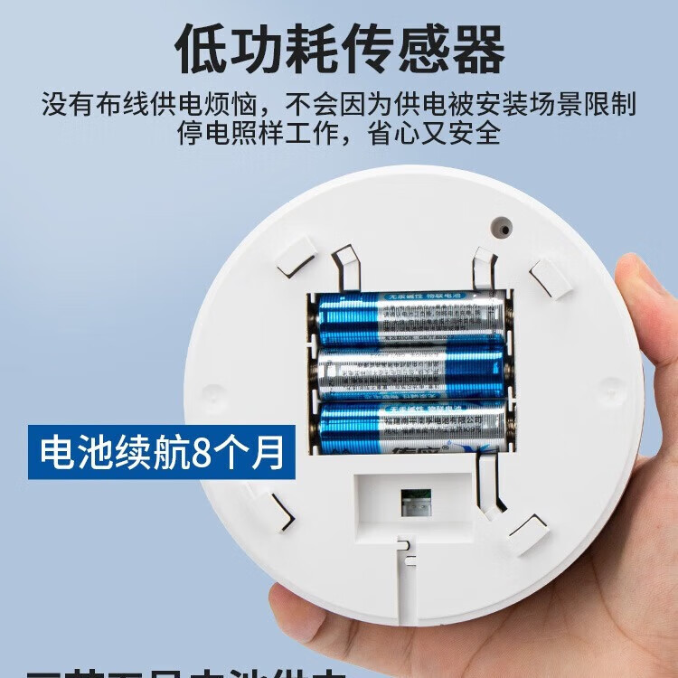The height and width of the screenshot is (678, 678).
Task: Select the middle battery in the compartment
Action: pos(412,372)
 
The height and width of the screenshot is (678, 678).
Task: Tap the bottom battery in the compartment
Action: pos(412,425)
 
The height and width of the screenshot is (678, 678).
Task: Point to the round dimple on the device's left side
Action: pos(212,394)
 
